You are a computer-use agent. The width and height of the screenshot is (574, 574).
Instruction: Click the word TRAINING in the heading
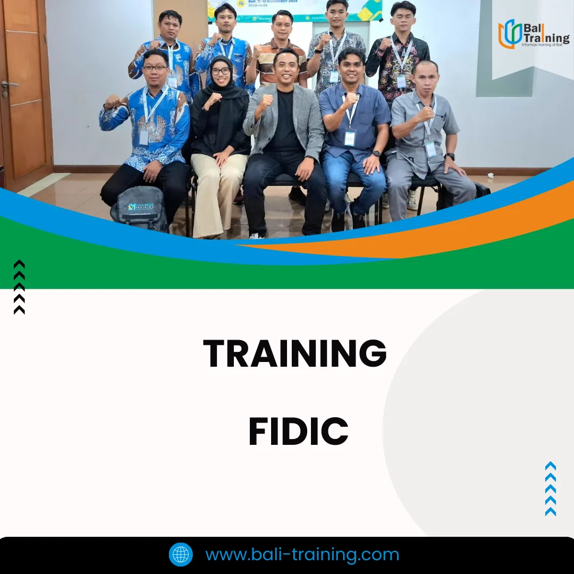pyautogui.click(x=295, y=353)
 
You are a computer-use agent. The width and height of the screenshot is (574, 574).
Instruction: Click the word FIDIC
pyautogui.click(x=298, y=432)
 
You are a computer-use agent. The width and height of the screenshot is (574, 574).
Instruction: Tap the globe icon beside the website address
pyautogui.click(x=181, y=554)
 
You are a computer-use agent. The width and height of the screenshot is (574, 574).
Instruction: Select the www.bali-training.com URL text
pyautogui.click(x=302, y=554)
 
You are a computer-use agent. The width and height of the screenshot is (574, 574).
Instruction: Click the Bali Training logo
pyautogui.click(x=533, y=34)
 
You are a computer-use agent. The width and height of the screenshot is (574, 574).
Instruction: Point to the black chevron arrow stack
pyautogui.click(x=19, y=287)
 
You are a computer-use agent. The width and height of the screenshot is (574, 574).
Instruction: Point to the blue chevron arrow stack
pyautogui.click(x=551, y=489)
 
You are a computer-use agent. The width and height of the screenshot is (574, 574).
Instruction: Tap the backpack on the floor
pyautogui.click(x=139, y=207)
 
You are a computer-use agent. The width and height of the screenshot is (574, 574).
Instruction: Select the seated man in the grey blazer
pyautogui.click(x=284, y=138)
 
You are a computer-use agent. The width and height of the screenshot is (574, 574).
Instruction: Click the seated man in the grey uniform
pyautogui.click(x=425, y=138)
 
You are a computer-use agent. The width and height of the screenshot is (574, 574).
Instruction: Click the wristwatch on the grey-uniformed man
pyautogui.click(x=450, y=157)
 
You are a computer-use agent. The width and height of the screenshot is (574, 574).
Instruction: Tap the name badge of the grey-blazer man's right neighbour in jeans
pyautogui.click(x=349, y=138)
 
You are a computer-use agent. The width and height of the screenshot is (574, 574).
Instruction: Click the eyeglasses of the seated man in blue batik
pyautogui.click(x=155, y=67)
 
